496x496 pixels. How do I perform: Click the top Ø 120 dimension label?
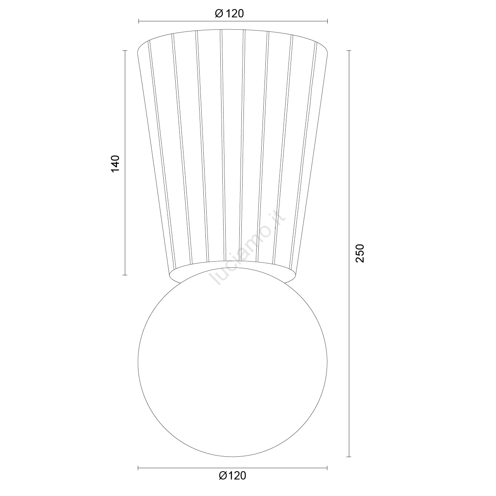click(229, 13)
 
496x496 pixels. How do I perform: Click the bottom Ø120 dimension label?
click(232, 476)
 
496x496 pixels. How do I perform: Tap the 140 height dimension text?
click(115, 164)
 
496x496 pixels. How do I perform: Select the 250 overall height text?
click(360, 253)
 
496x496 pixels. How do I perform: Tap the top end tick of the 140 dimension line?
click(125, 50)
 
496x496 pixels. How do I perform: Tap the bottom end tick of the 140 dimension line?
click(125, 275)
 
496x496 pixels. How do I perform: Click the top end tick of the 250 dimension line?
click(349, 50)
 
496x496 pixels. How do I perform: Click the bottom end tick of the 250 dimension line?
click(349, 457)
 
